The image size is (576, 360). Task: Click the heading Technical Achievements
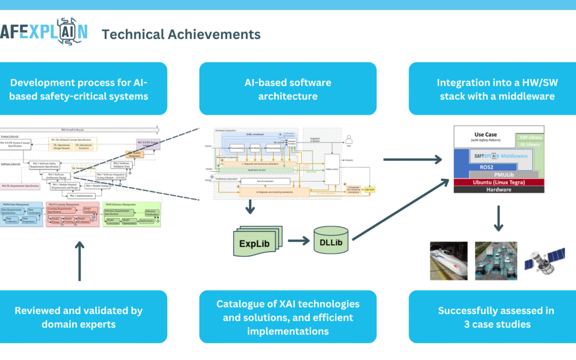(181, 35)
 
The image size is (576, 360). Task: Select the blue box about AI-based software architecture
(288, 89)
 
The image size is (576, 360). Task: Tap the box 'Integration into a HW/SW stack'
(497, 89)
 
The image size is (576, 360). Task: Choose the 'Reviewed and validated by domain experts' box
(79, 316)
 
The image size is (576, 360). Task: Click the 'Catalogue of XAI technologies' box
(288, 316)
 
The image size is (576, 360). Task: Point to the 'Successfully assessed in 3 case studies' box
(497, 316)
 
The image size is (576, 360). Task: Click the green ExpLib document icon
(254, 242)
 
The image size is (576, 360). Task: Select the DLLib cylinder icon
(331, 242)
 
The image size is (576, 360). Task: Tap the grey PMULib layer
(500, 174)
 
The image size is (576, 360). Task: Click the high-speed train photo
(449, 261)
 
